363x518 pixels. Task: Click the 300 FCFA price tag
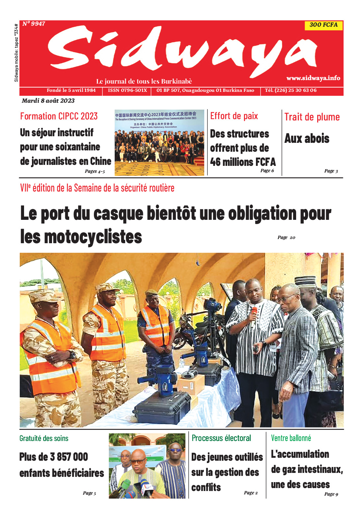coord(323,25)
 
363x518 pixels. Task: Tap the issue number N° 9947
coord(34,24)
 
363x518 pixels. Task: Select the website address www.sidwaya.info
coord(313,78)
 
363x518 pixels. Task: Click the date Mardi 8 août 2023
coord(48,101)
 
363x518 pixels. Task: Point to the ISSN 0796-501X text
coord(127,90)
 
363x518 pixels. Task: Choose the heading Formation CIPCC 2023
coord(59,116)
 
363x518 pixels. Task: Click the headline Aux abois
coord(307,139)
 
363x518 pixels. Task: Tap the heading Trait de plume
coord(312,117)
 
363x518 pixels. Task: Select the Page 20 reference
coord(286,237)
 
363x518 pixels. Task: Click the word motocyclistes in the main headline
coord(93,237)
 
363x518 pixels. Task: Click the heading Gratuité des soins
coord(44,438)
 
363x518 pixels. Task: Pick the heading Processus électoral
coord(221,438)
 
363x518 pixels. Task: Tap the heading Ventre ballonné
coord(291,438)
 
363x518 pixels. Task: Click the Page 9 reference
coord(331,494)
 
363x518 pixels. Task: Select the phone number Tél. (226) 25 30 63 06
coord(291,90)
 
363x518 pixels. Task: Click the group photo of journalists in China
coord(159,142)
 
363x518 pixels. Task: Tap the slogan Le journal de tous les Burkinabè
coord(144,81)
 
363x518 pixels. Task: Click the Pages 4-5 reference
coord(95,171)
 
